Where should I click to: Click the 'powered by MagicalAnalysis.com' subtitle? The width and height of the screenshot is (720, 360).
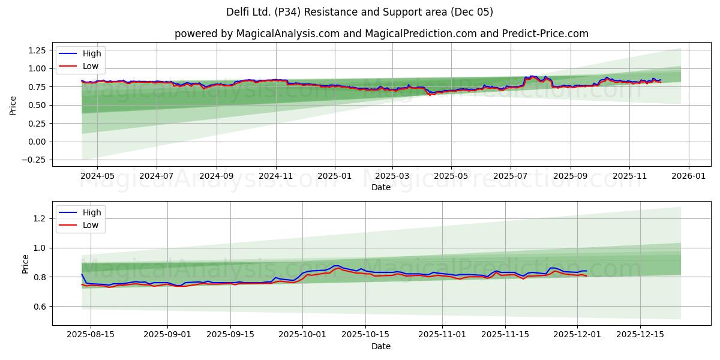click(381, 34)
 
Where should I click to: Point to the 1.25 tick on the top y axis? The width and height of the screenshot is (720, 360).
click(37, 50)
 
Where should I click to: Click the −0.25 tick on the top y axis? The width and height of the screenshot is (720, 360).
click(34, 160)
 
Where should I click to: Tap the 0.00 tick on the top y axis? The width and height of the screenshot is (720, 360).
click(37, 142)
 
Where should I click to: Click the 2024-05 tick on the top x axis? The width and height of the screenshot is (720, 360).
click(97, 177)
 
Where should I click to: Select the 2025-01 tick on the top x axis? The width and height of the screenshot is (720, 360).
click(334, 177)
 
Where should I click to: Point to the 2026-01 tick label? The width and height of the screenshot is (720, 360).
click(688, 177)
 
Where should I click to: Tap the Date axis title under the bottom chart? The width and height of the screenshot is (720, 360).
click(381, 347)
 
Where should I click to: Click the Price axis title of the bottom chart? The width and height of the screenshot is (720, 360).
click(25, 264)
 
